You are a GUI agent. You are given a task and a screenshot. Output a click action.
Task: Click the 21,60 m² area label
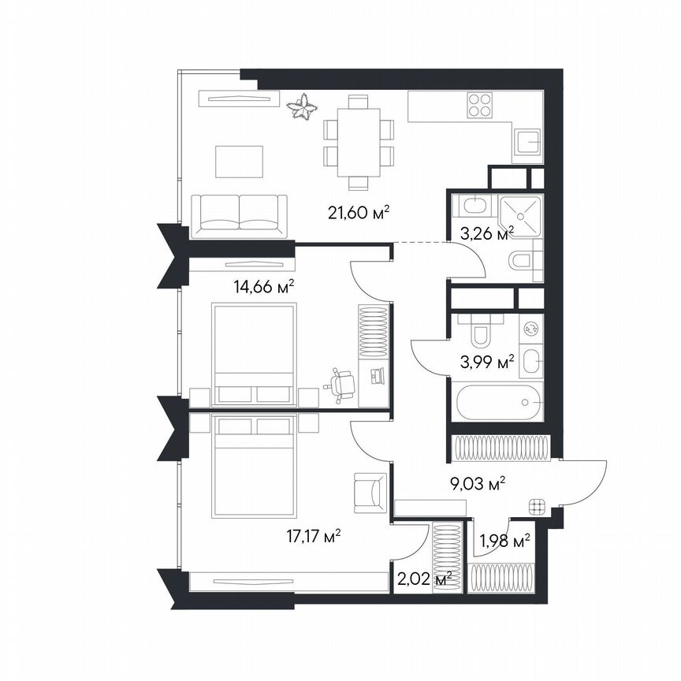(359, 212)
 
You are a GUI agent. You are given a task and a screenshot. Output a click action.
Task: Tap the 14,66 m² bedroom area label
(263, 287)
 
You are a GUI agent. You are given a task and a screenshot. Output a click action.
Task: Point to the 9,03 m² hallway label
(478, 483)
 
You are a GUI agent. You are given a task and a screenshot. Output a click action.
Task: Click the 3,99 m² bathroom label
(487, 363)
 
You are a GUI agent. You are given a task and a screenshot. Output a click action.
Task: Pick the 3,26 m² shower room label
(487, 233)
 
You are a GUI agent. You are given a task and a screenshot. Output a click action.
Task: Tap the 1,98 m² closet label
(505, 541)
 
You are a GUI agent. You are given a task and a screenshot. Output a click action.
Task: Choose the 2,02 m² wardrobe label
(422, 579)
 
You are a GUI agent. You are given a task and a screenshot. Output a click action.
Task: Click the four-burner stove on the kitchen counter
(480, 105)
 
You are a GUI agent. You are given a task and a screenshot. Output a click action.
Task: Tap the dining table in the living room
(358, 142)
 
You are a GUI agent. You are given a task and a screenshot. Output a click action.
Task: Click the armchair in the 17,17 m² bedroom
(370, 491)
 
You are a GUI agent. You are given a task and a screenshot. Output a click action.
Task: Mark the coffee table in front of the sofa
(239, 161)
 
